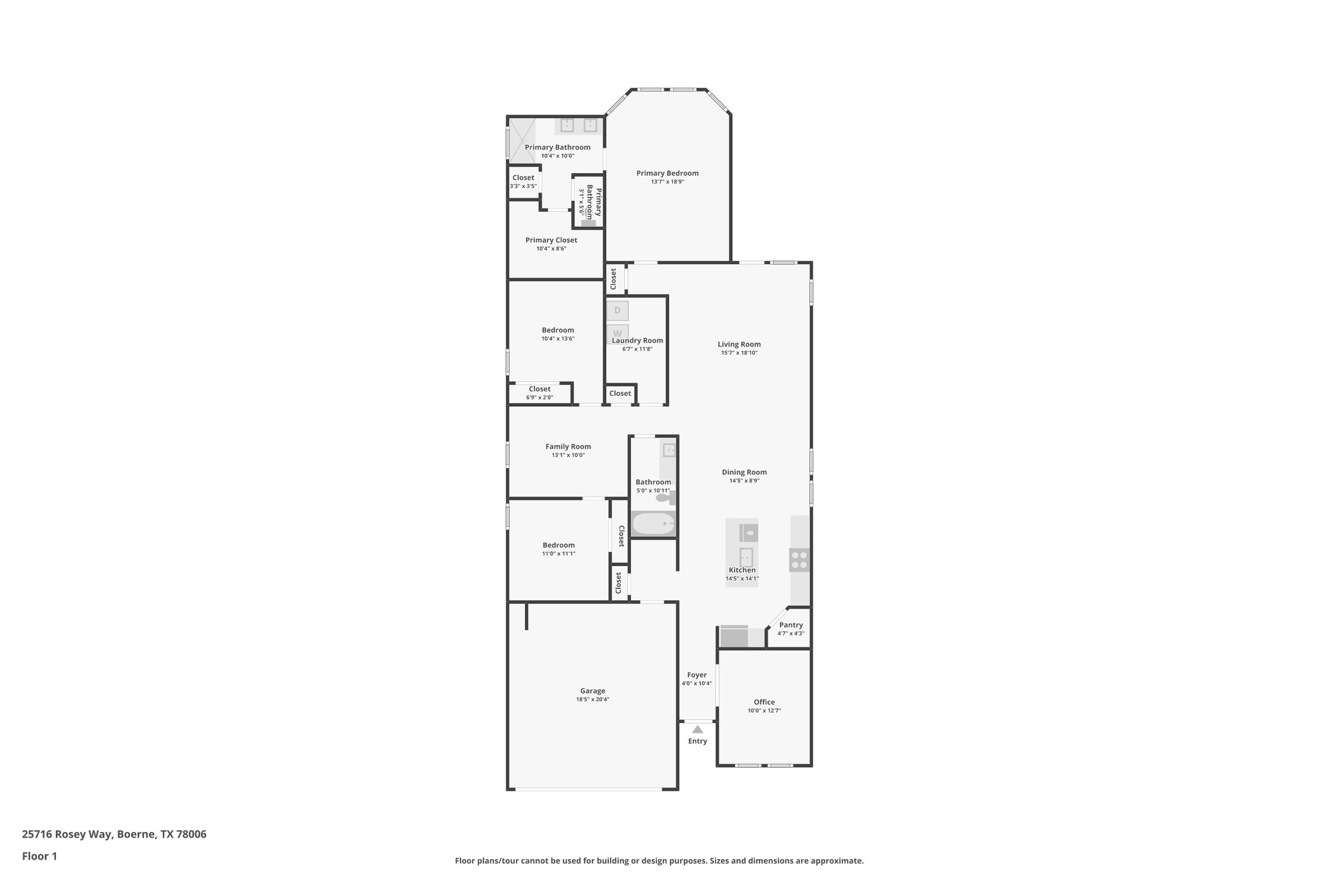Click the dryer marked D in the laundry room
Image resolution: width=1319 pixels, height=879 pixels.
(x=617, y=310)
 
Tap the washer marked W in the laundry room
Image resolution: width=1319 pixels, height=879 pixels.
(x=617, y=333)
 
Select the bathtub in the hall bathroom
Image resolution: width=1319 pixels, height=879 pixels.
(x=653, y=524)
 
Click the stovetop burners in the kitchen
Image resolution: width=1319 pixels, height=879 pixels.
(x=799, y=560)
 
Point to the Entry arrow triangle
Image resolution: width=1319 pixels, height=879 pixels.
(x=697, y=730)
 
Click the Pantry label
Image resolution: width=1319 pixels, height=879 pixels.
(x=791, y=625)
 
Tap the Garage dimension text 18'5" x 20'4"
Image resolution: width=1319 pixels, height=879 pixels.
(x=593, y=699)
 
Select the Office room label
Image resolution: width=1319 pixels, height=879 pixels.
(x=764, y=702)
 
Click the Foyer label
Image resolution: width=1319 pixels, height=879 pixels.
(x=697, y=675)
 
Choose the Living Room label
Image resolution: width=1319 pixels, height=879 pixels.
(x=739, y=345)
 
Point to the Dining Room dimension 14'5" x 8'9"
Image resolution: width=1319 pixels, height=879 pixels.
(x=745, y=480)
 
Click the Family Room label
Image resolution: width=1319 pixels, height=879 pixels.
(x=568, y=446)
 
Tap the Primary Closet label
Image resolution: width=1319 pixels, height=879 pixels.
(x=551, y=240)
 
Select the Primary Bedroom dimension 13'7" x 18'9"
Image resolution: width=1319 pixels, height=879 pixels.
(x=667, y=182)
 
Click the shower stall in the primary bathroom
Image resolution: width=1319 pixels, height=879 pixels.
(x=522, y=138)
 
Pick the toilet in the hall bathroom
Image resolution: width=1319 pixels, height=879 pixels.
(x=663, y=498)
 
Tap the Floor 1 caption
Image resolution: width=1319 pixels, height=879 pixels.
(x=39, y=856)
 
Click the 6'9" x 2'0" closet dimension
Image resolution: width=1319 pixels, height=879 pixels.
(x=540, y=397)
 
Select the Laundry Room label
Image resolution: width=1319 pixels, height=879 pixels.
(x=638, y=341)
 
